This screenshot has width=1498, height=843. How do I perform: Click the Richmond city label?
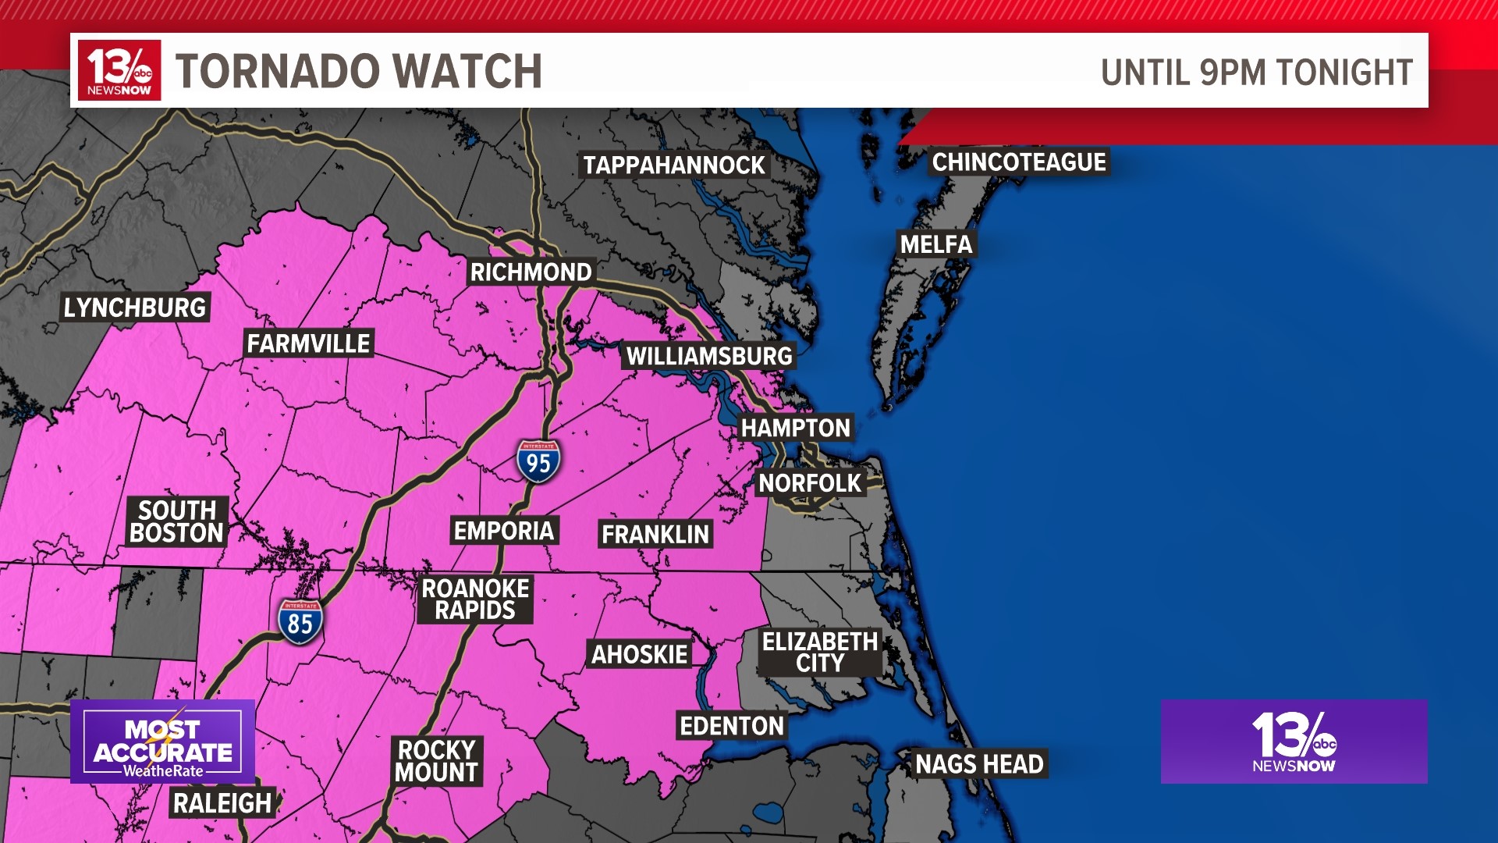531,272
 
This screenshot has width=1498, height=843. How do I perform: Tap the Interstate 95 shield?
538,462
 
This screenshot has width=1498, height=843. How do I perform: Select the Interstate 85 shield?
300,622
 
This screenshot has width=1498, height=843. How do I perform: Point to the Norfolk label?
810,483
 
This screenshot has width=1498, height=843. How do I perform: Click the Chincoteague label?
1019,162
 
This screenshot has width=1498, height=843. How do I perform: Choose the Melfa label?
936,244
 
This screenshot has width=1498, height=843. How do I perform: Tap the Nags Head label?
979,764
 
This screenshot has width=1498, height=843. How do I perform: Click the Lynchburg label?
135,308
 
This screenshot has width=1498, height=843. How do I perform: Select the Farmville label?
309,343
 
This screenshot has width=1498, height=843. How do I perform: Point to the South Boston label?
177,521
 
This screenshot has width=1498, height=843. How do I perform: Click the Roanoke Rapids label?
475,599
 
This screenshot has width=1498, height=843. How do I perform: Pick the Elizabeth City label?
820,653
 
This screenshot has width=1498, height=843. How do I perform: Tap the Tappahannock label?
674,165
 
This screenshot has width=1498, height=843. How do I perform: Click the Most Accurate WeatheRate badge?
163,742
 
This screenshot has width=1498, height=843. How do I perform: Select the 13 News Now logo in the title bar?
119,70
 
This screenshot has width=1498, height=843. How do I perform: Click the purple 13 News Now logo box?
1294,742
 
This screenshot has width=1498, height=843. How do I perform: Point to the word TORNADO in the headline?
261,72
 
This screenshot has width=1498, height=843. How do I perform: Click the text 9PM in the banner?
1235,73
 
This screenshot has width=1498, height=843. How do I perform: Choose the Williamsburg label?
709,357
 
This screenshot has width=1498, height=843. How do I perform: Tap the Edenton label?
732,726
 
